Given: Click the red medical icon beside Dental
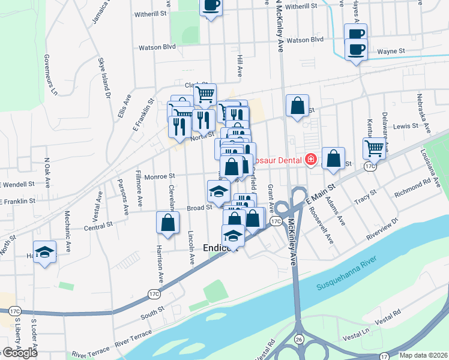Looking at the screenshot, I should pos(310,160).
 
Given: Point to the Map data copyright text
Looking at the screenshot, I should pos(424,355).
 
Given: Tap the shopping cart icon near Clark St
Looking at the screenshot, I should pos(205,94).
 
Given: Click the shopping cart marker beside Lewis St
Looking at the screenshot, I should pos(374,147).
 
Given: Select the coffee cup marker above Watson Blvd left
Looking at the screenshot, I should pos(211,6).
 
